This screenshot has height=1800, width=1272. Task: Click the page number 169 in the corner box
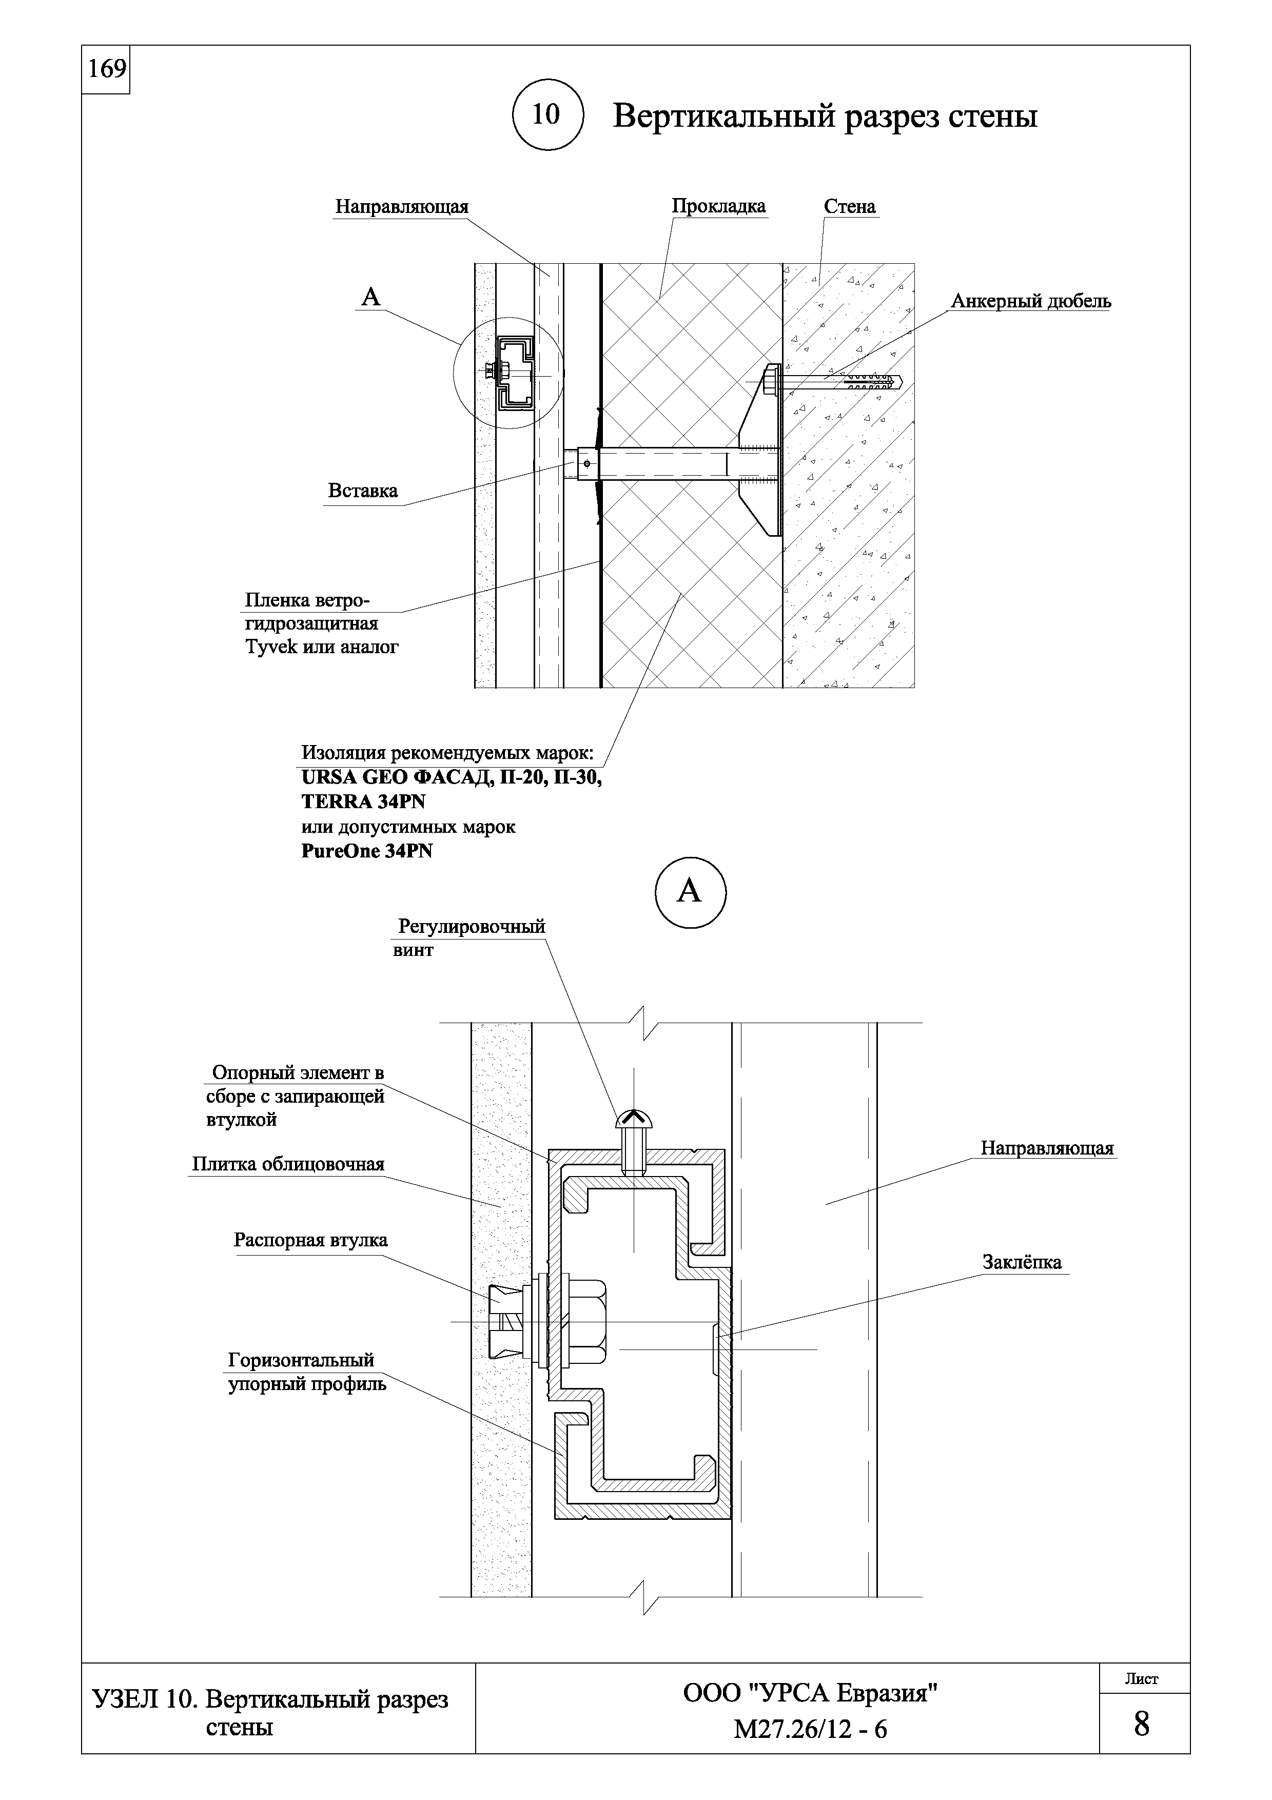pos(107,70)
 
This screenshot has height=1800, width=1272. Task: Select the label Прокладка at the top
pos(718,206)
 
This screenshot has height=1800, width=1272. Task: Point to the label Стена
pos(850,206)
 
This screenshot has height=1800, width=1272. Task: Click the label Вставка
pos(362,491)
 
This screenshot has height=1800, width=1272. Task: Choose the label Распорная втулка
pos(310,1240)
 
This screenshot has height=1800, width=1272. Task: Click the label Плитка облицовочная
pos(288,1164)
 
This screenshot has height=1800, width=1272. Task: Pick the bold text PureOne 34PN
pos(367,851)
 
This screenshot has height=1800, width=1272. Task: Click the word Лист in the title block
pos(1141,1679)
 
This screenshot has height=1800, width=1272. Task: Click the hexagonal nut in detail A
pos(587,1322)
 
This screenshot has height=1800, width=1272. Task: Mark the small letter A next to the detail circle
pos(370,297)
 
